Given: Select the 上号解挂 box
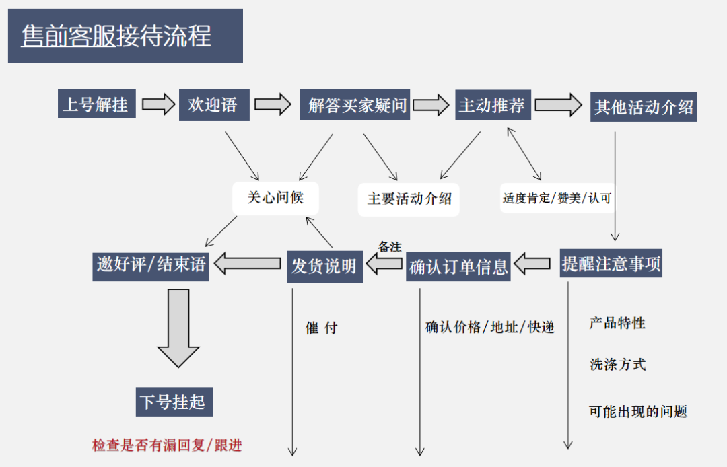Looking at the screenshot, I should (96, 105).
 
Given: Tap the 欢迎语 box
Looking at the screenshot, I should (214, 105).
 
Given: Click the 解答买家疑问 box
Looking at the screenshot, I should (355, 106).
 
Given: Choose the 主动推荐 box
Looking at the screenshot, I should (492, 105).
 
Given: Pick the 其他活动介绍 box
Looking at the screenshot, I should (644, 106).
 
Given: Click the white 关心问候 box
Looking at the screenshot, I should (275, 198).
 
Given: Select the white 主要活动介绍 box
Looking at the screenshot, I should (409, 199).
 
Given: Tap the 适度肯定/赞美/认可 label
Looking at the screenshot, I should (557, 198).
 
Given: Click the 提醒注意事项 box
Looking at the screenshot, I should (611, 264).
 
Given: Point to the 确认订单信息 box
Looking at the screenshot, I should (458, 266).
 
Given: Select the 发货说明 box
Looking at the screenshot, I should (324, 266).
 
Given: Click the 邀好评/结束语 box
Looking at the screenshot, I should (151, 264).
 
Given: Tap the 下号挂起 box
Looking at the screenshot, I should (173, 402).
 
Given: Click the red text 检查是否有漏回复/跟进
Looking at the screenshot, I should (167, 445).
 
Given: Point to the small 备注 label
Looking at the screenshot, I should (390, 247).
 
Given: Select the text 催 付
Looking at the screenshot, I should (321, 328).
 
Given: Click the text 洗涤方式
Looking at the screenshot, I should (618, 365).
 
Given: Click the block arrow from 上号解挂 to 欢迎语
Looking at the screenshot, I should (158, 105).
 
